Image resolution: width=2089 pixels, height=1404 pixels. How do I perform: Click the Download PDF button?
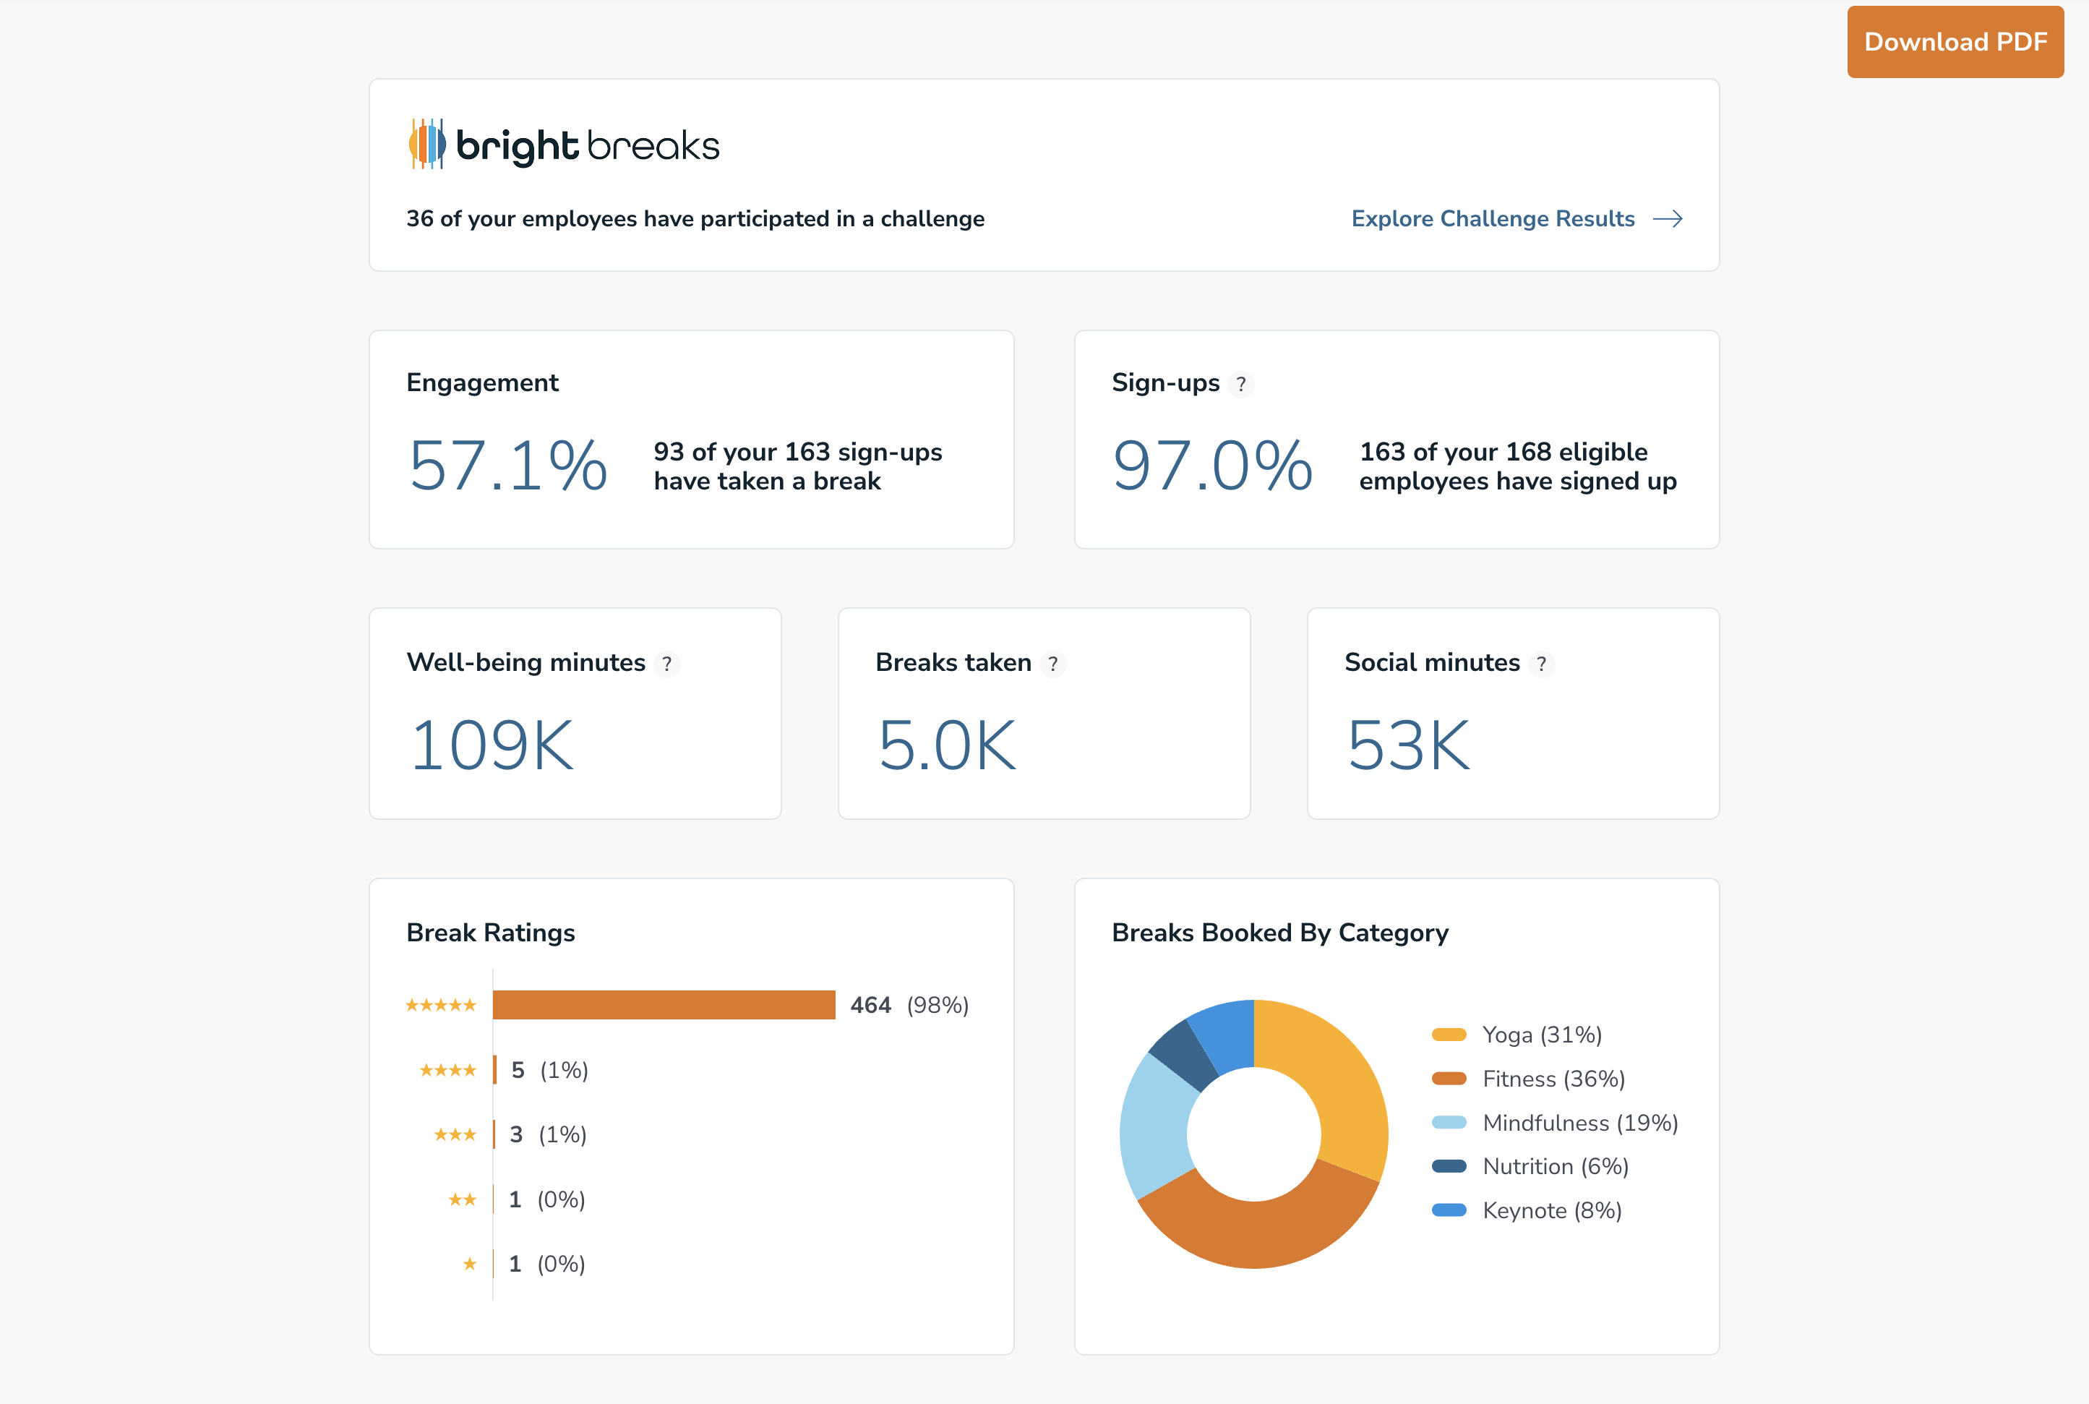pyautogui.click(x=1955, y=42)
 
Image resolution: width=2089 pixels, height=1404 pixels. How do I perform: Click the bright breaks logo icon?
pyautogui.click(x=427, y=144)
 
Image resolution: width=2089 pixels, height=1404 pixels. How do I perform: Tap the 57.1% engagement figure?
pyautogui.click(x=507, y=466)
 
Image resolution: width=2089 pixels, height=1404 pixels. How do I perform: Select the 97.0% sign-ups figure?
pyautogui.click(x=1212, y=466)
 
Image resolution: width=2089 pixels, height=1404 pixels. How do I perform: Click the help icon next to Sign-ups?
pyautogui.click(x=1240, y=384)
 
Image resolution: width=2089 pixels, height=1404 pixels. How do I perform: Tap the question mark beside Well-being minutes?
pyautogui.click(x=666, y=664)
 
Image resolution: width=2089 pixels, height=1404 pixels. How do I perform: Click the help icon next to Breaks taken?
pyautogui.click(x=1053, y=664)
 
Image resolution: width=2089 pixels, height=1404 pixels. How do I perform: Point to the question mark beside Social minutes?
pyautogui.click(x=1541, y=664)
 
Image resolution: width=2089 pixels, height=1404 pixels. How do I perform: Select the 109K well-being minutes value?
pyautogui.click(x=492, y=745)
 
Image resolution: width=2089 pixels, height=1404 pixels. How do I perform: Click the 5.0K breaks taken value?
pyautogui.click(x=947, y=745)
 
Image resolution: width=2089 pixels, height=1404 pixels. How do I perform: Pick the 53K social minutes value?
pyautogui.click(x=1409, y=745)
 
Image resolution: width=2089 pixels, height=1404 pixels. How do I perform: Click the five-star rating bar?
pyautogui.click(x=664, y=1005)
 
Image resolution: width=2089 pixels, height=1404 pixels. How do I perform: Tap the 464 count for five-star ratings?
pyautogui.click(x=870, y=1006)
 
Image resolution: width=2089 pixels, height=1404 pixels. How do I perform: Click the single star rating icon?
pyautogui.click(x=470, y=1264)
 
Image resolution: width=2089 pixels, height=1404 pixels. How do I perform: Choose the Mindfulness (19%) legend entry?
pyautogui.click(x=1579, y=1123)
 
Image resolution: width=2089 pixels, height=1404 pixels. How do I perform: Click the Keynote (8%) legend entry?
pyautogui.click(x=1551, y=1210)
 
